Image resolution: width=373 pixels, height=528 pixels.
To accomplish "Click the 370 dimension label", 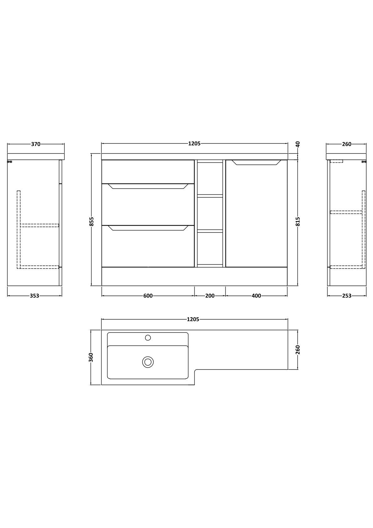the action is [x=36, y=144].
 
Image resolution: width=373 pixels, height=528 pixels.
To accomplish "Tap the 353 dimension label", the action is [x=34, y=296].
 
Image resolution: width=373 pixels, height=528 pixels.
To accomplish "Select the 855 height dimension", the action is [x=92, y=221].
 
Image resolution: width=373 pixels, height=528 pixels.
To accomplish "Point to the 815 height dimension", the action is [x=298, y=221].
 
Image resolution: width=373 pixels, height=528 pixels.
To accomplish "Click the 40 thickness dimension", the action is [x=298, y=144].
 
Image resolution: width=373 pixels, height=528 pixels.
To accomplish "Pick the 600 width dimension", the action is [x=148, y=296].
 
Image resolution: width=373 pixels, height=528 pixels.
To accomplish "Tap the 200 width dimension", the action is [x=210, y=296].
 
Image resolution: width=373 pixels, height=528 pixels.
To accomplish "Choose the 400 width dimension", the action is [x=256, y=296].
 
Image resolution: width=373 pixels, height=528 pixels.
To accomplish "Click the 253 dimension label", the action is [x=347, y=296].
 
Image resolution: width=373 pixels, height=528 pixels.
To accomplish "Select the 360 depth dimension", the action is [x=92, y=357].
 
